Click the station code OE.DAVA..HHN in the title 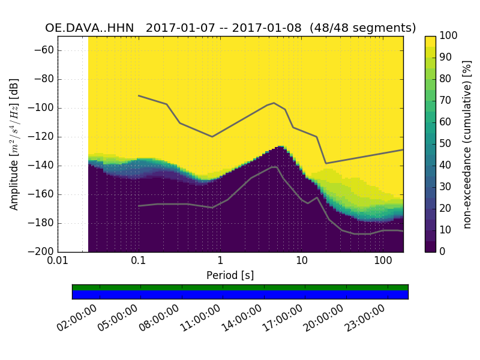91,28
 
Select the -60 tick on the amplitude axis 44,50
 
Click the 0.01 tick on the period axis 58,262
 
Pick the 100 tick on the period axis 383,262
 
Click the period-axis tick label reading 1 220,262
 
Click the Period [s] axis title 230,275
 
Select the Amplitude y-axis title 14,144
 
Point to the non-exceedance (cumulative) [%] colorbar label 468,144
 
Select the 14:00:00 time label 243,317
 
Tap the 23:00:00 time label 366,317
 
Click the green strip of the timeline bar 240,287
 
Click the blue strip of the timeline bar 240,295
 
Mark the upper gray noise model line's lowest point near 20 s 326,163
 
